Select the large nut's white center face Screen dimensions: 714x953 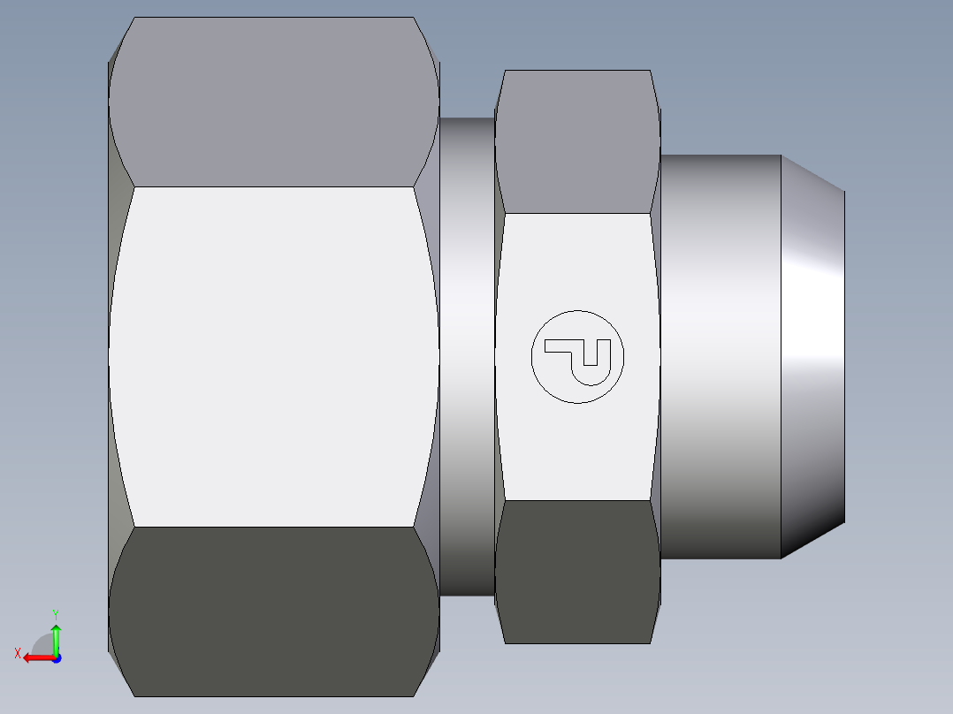click(x=274, y=353)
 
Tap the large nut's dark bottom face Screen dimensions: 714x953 click(x=274, y=610)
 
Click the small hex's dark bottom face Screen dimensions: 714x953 click(x=576, y=570)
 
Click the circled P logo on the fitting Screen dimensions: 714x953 click(x=577, y=356)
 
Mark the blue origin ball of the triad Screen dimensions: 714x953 click(x=56, y=657)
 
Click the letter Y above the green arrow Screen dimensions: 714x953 click(x=56, y=613)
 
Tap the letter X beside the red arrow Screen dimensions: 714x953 click(x=17, y=653)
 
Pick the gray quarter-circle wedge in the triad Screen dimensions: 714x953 click(x=44, y=645)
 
